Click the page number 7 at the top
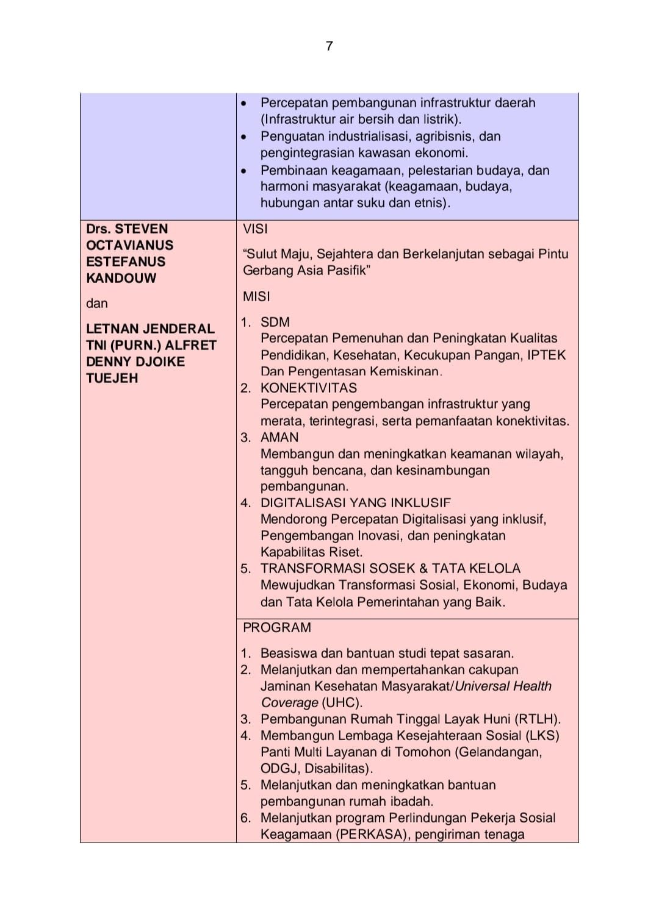[329, 46]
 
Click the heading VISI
[255, 229]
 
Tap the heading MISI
[256, 296]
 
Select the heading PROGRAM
[277, 627]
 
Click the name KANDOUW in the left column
[121, 278]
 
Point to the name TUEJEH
[112, 378]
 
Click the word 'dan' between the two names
[96, 304]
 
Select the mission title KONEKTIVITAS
[309, 388]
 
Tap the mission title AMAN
[279, 437]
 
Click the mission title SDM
[275, 322]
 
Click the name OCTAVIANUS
[129, 245]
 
